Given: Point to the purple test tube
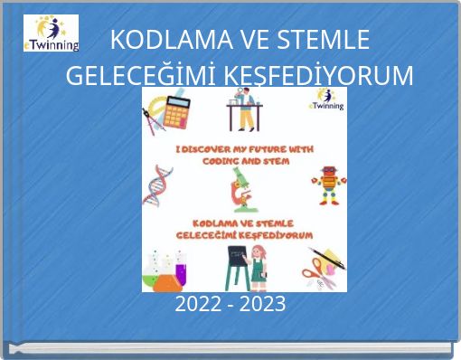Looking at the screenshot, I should click(182, 270).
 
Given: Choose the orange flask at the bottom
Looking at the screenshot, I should click(168, 279).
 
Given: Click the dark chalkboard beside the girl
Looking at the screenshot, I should click(237, 263).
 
